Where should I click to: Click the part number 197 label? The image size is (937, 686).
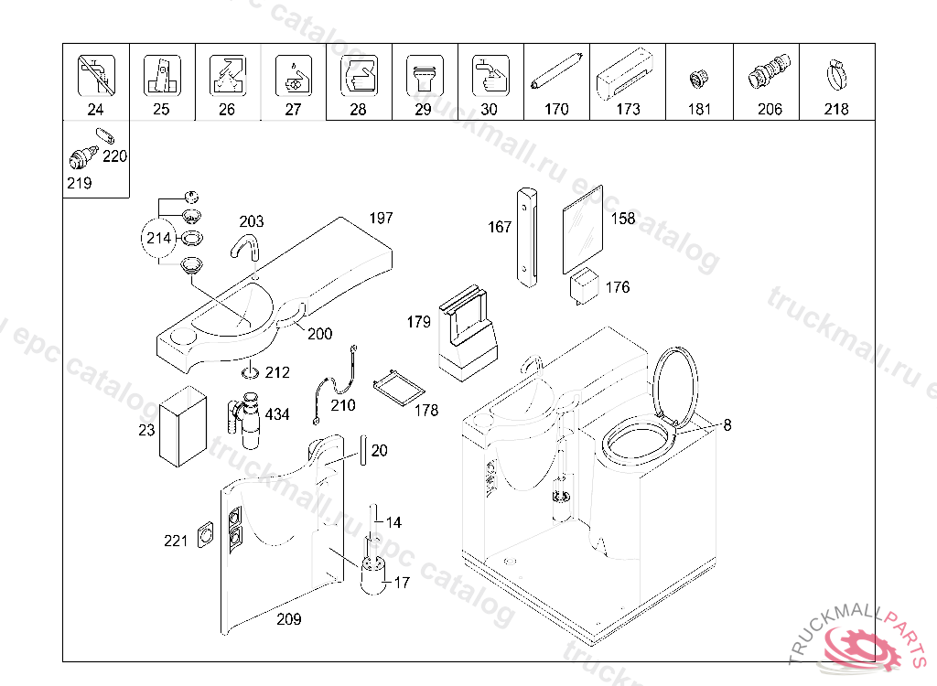point(381,218)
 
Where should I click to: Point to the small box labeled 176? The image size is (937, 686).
point(585,285)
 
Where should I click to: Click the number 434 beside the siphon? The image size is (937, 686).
point(276,414)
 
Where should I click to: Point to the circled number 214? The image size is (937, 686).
point(158,239)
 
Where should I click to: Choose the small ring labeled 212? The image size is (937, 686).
point(250,372)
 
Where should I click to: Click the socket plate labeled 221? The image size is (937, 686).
point(206,534)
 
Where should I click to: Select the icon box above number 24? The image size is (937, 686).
point(96,75)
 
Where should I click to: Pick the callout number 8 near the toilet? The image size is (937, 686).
point(727,424)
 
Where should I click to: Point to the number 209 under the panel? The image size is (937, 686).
point(288,619)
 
